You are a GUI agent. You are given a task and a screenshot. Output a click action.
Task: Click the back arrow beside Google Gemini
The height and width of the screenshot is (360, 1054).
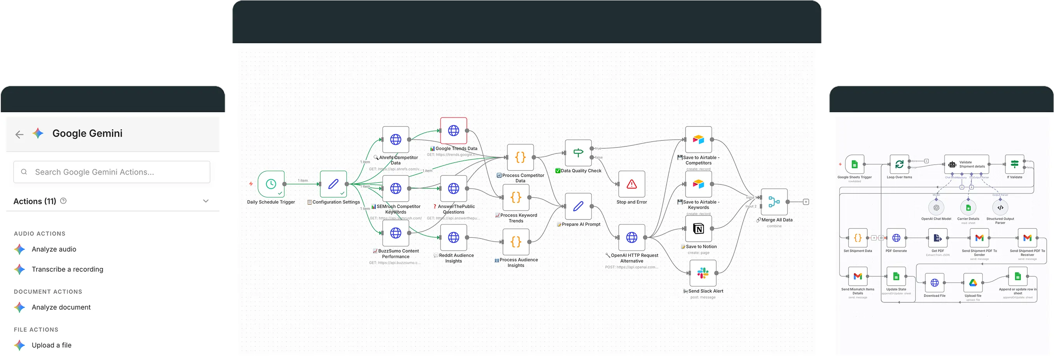click(19, 134)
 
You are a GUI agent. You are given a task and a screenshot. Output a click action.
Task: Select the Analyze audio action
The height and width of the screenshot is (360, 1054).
click(54, 249)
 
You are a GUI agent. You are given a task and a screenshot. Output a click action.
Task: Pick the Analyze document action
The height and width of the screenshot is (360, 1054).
click(61, 307)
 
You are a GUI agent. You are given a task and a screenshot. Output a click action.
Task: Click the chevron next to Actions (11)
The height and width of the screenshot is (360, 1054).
click(206, 201)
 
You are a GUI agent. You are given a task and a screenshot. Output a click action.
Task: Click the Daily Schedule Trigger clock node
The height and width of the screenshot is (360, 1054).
click(271, 184)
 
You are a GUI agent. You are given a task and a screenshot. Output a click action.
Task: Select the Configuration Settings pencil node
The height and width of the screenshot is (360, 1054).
click(333, 184)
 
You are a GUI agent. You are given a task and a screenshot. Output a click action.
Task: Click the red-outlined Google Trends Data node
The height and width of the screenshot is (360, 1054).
click(453, 131)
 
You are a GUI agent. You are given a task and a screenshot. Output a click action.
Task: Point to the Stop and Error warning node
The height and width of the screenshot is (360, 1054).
click(631, 184)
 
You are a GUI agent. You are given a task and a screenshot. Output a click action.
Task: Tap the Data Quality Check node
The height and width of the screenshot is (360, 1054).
click(578, 153)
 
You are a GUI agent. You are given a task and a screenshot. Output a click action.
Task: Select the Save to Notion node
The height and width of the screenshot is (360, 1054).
click(698, 229)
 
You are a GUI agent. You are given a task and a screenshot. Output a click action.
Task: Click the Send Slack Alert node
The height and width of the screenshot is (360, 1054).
click(703, 273)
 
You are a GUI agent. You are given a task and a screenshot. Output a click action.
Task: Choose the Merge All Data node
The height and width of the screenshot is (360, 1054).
click(774, 202)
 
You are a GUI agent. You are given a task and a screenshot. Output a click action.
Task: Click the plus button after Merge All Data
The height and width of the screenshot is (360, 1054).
click(806, 202)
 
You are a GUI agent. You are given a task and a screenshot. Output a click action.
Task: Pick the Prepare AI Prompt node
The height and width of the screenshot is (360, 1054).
click(578, 206)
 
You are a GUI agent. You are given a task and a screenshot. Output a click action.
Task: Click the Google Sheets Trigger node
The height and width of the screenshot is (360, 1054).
click(854, 165)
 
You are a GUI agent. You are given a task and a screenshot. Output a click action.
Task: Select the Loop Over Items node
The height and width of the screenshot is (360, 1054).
click(899, 165)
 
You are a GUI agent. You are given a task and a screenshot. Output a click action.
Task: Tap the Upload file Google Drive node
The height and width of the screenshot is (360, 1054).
click(973, 283)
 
